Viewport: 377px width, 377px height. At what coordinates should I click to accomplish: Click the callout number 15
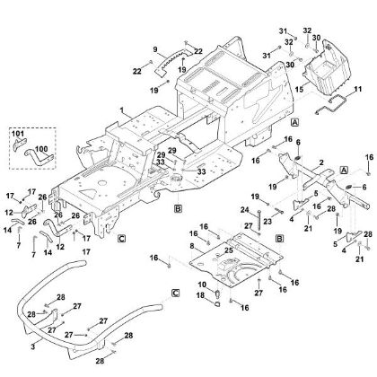coord(300,90)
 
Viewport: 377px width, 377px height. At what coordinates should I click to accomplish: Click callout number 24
coord(243,211)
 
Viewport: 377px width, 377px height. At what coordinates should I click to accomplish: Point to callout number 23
coord(267,221)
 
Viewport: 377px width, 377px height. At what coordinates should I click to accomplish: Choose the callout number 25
coord(229,250)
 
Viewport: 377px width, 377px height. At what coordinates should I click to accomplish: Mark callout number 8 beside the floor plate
coord(192,244)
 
